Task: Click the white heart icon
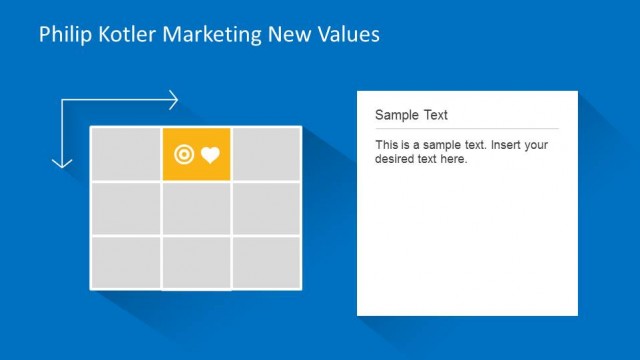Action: (210, 155)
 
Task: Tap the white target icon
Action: (184, 155)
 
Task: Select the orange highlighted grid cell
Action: (197, 155)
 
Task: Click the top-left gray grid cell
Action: (126, 155)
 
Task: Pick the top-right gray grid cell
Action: (266, 155)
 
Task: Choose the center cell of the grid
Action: (197, 209)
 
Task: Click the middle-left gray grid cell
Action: (126, 209)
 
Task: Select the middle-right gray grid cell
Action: (266, 209)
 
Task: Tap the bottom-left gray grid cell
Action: (126, 262)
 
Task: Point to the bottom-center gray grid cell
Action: (197, 262)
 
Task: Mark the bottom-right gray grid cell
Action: (266, 262)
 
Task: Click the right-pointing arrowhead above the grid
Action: (174, 100)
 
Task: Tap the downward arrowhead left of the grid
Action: (62, 161)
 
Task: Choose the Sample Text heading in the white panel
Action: (411, 115)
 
